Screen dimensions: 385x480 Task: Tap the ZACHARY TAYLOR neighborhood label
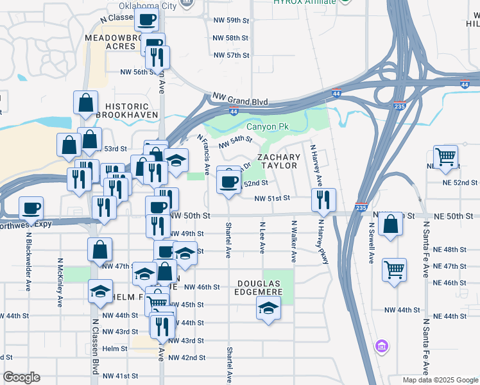point(279,161)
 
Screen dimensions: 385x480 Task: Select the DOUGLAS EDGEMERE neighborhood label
point(261,287)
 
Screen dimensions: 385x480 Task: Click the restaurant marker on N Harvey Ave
point(322,200)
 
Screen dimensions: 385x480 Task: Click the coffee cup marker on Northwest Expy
point(31,208)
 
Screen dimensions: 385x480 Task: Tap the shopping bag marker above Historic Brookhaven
point(86,103)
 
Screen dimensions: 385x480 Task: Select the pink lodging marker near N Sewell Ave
point(382,346)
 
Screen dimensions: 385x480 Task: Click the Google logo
point(21,377)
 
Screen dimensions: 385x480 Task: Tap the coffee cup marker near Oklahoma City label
point(147,19)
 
